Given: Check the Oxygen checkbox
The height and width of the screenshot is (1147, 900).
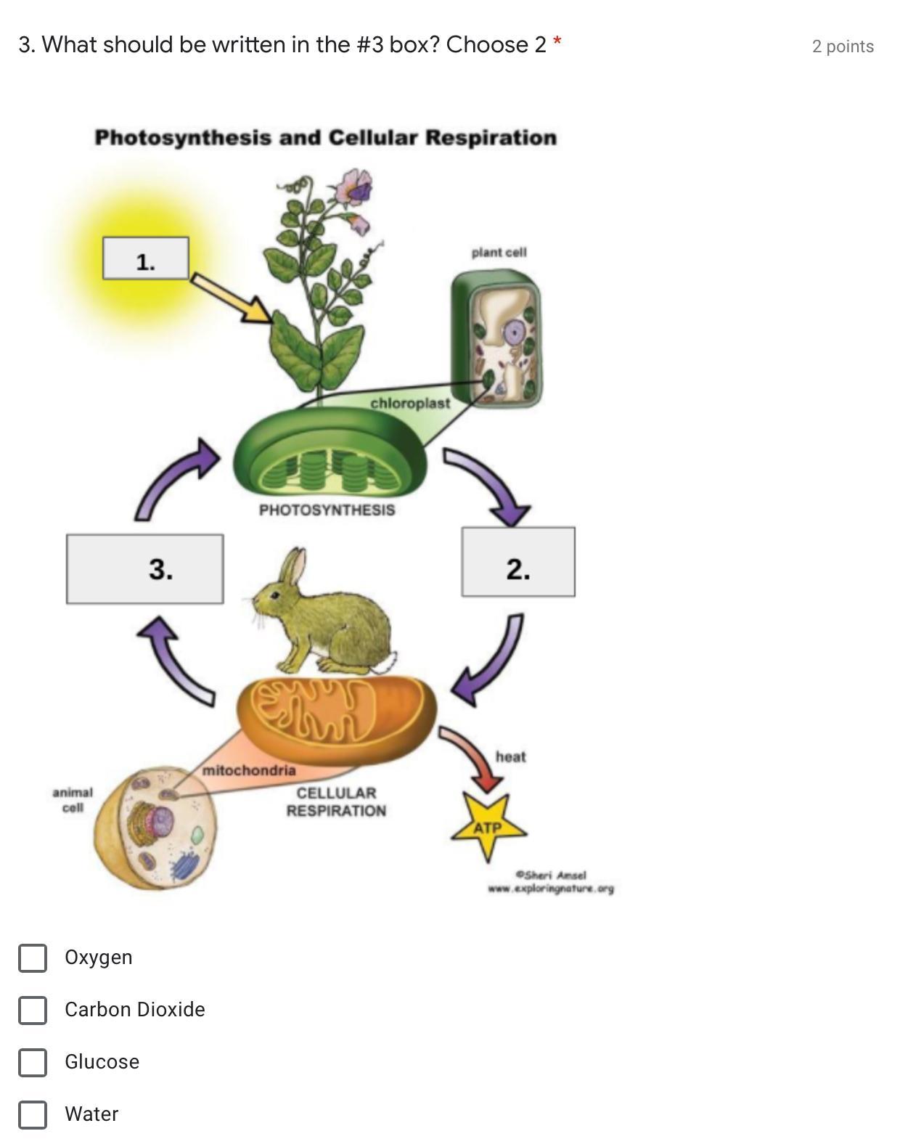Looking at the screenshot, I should pos(33,958).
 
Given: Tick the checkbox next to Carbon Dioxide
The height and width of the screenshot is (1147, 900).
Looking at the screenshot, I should pos(33,1010).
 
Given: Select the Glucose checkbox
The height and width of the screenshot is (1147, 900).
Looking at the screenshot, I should pos(33,1062).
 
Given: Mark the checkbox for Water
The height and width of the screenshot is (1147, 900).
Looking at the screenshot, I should pos(33,1114).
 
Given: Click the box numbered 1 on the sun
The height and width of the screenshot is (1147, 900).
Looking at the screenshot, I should pos(146,258).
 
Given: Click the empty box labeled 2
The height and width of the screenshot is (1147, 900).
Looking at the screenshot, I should pos(518,562).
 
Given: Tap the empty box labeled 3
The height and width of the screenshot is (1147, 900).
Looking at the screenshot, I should pos(144,569).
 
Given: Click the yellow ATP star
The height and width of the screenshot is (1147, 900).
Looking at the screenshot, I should pos(488,826).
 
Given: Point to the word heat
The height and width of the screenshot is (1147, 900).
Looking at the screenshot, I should pos(510,756).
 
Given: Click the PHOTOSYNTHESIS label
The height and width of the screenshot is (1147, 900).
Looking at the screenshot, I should pos(327,510).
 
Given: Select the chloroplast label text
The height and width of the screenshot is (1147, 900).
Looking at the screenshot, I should pos(410,403).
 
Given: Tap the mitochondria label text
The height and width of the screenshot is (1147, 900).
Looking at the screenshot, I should pos(249,770).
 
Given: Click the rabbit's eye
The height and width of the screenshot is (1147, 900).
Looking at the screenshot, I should pos(276,595).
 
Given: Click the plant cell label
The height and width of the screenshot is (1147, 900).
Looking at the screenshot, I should pos(499,252).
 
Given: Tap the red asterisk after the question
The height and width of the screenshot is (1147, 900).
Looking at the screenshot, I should pos(557,42).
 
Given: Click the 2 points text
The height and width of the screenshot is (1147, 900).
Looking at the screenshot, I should pos(843,46).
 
